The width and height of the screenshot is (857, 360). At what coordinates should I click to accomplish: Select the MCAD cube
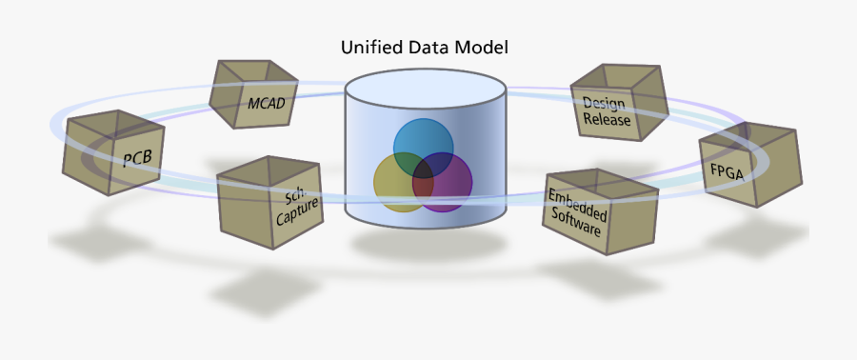(253, 94)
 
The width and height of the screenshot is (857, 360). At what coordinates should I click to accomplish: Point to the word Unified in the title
(372, 47)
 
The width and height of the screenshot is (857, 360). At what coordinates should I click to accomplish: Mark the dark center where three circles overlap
(422, 175)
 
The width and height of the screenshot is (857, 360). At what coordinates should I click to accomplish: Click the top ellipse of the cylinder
(425, 88)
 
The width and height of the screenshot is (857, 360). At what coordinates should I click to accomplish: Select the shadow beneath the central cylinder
(423, 242)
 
